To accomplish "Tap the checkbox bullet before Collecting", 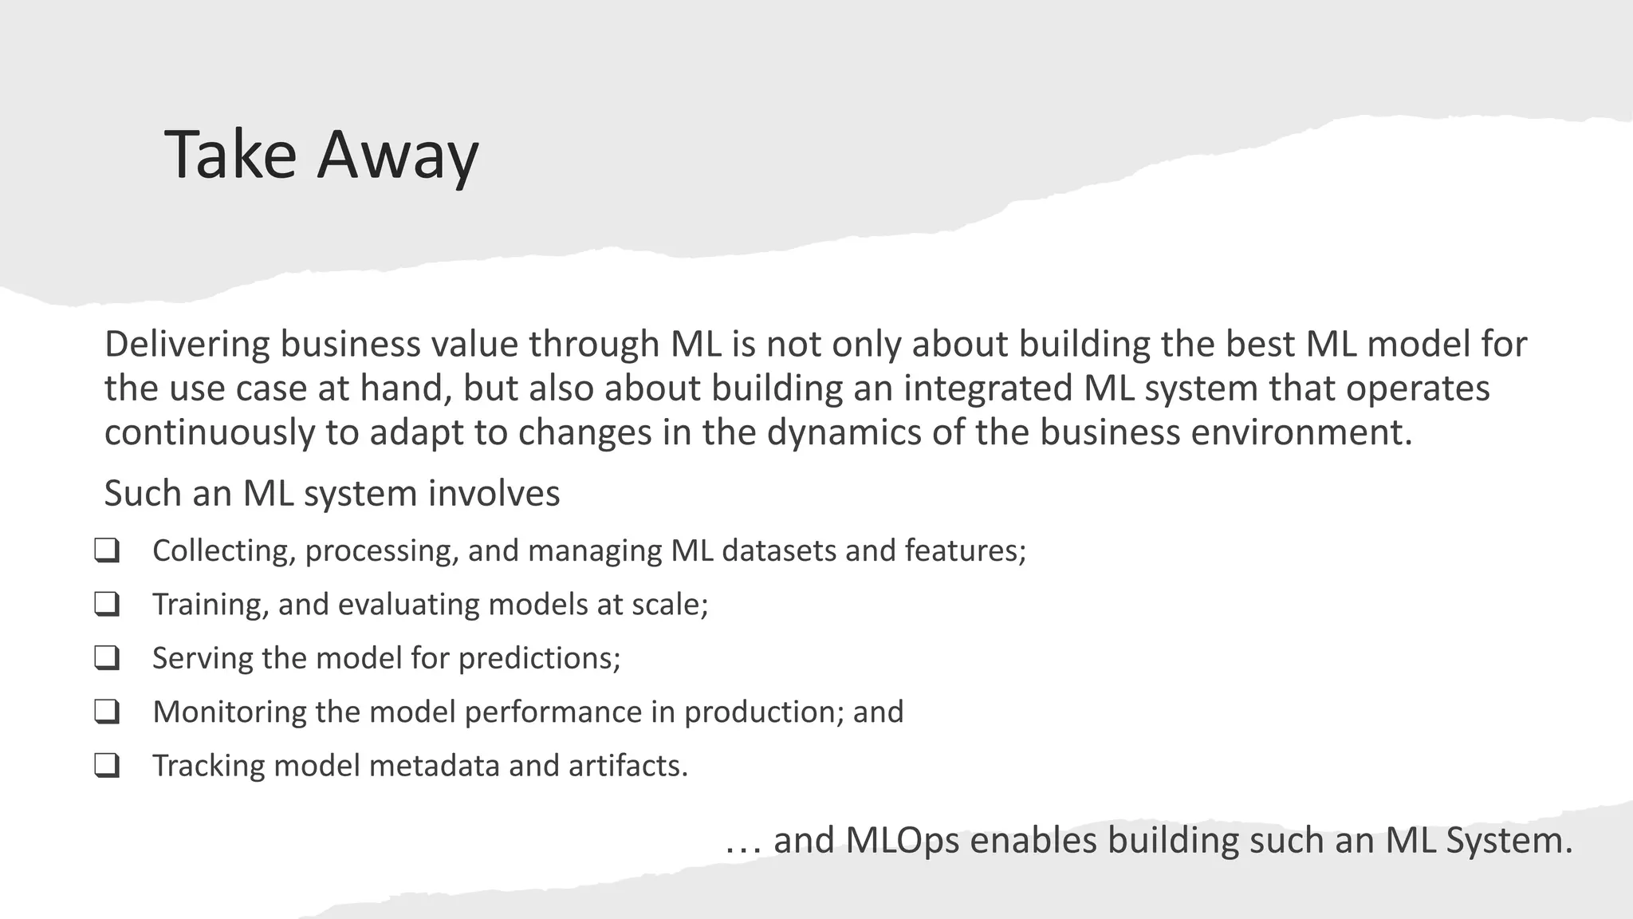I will (x=107, y=550).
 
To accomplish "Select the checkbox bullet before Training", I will (x=107, y=604).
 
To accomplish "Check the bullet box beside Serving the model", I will (x=107, y=658).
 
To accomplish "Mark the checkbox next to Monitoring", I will (x=107, y=712).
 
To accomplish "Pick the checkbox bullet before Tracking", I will (x=107, y=766).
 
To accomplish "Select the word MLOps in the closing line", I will (x=902, y=841).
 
